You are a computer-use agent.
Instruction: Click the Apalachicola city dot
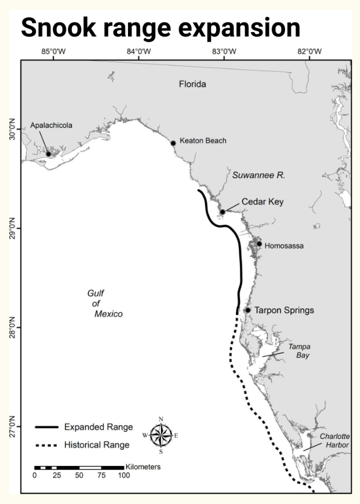(48, 154)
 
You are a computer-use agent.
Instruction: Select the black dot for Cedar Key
(223, 212)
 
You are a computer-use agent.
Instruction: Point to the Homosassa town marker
(259, 244)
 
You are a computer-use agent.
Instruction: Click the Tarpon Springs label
(284, 310)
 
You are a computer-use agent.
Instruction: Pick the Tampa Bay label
(299, 351)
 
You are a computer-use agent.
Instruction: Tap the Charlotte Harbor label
(335, 441)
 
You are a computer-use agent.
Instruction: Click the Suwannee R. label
(259, 175)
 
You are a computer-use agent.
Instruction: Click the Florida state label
(192, 85)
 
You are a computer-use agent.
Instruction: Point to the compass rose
(161, 435)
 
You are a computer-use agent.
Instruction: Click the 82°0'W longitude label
(310, 52)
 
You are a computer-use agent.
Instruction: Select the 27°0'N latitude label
(11, 427)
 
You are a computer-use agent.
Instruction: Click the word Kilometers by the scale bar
(143, 466)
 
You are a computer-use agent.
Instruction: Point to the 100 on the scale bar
(124, 475)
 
